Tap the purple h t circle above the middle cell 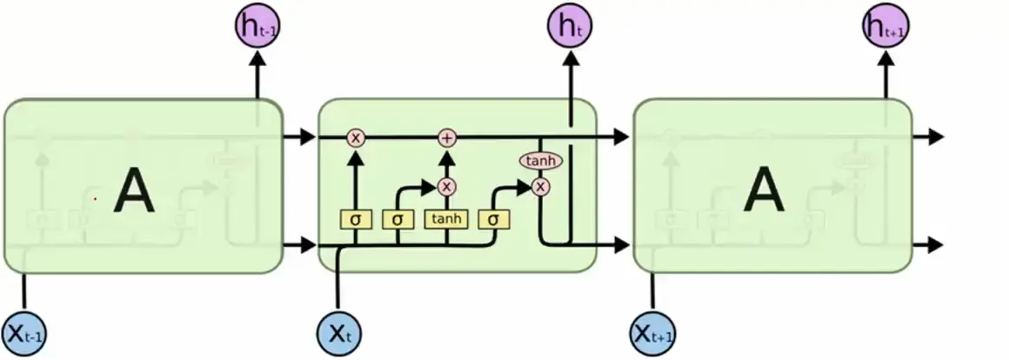click(x=570, y=27)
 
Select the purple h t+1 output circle click(x=885, y=27)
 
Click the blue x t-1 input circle click(x=23, y=331)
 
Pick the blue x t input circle click(x=338, y=331)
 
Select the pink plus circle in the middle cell click(x=447, y=137)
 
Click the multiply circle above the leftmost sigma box click(x=355, y=137)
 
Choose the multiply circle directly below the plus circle click(x=447, y=186)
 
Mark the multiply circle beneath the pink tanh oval click(x=541, y=186)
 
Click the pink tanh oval click(x=541, y=161)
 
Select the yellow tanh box click(x=447, y=218)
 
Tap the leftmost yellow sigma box click(x=355, y=218)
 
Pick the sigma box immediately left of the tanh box click(x=398, y=218)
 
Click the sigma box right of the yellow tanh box click(x=493, y=218)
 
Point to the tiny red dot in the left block click(x=96, y=199)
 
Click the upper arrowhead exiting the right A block click(x=935, y=137)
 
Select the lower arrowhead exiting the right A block click(x=935, y=244)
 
